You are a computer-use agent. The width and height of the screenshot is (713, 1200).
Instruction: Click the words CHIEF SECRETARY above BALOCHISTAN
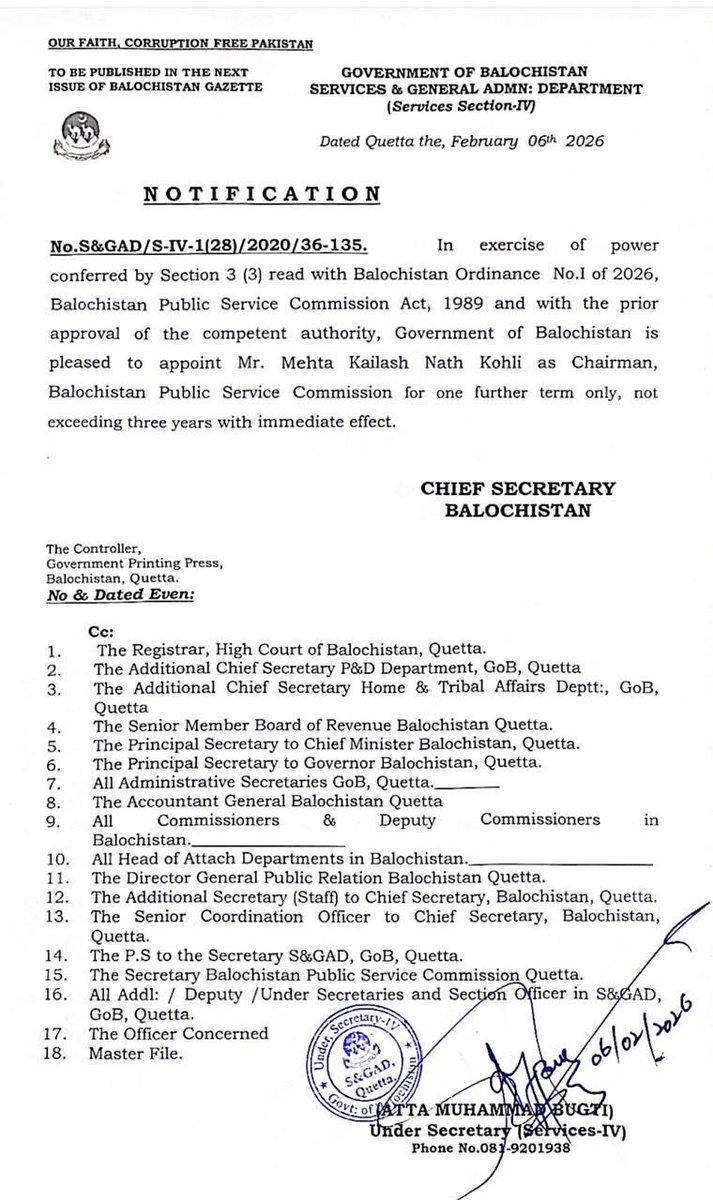tap(517, 487)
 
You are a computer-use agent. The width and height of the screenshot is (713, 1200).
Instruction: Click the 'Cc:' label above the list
tap(105, 632)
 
